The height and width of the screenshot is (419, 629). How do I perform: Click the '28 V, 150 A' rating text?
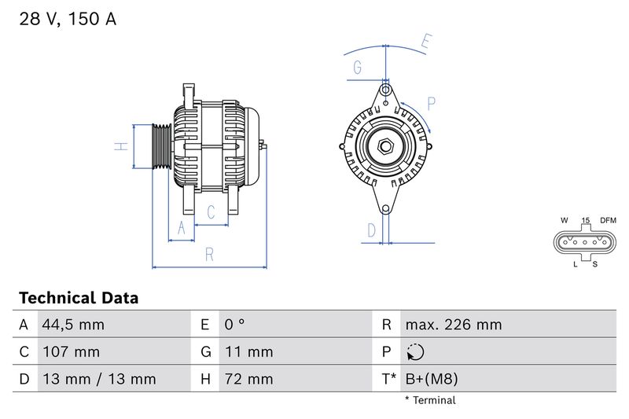[x=68, y=20]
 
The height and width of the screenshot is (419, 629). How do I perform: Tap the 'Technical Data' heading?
[x=78, y=298]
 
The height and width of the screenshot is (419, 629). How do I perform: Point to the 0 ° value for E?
[x=236, y=325]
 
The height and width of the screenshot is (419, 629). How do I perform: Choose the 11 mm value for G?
[x=249, y=351]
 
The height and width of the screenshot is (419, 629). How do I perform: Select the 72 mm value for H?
[x=249, y=379]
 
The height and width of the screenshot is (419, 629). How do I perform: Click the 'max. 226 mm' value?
[x=453, y=325]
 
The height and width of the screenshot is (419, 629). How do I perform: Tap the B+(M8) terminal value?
[x=431, y=379]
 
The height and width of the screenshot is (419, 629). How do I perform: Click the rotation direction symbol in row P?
[x=414, y=351]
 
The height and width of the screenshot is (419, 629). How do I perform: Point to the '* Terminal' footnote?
[x=430, y=400]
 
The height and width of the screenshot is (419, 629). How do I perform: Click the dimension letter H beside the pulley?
[x=120, y=145]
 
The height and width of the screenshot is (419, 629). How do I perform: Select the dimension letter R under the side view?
[x=210, y=254]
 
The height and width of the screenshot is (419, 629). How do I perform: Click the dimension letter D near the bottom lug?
[x=372, y=230]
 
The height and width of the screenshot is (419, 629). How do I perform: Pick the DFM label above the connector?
[x=608, y=220]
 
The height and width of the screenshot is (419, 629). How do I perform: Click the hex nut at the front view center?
[x=386, y=146]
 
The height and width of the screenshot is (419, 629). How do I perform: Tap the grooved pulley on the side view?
[x=160, y=146]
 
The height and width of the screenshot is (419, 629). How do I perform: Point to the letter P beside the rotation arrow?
[x=432, y=102]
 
